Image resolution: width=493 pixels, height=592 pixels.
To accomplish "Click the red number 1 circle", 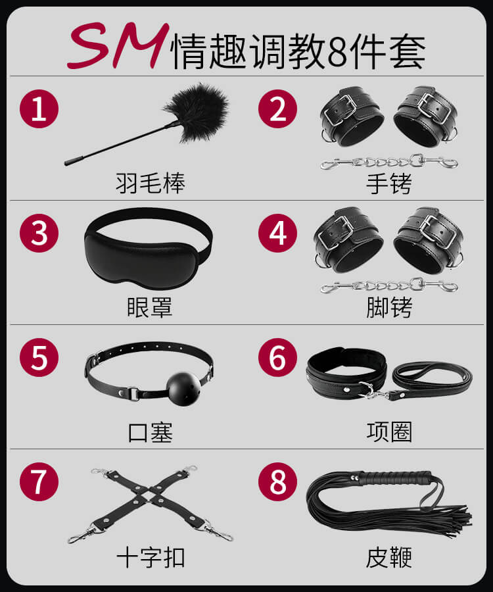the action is (x=39, y=109).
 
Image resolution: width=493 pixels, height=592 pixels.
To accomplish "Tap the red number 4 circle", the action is (x=277, y=234).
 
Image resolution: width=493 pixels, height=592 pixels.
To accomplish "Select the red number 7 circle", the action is (x=39, y=481).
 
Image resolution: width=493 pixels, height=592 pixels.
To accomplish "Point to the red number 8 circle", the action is (x=277, y=481).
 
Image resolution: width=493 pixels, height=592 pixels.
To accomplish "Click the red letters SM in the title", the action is (x=118, y=45).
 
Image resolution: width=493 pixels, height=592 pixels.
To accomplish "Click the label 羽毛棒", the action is (x=150, y=184).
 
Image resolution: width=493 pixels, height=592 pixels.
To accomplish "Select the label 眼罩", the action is (x=150, y=307).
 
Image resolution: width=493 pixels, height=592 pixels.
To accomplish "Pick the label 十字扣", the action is (x=151, y=557).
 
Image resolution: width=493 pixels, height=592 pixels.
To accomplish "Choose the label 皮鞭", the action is (x=389, y=557).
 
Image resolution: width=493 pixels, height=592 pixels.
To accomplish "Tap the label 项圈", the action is (x=389, y=432).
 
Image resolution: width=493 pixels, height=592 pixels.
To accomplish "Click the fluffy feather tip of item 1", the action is (x=198, y=112).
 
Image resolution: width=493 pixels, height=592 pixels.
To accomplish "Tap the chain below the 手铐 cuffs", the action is (x=389, y=162).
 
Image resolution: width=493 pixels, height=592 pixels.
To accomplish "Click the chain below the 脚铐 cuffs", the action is (x=389, y=286).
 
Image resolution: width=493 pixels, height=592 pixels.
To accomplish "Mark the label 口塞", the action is (x=150, y=432).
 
